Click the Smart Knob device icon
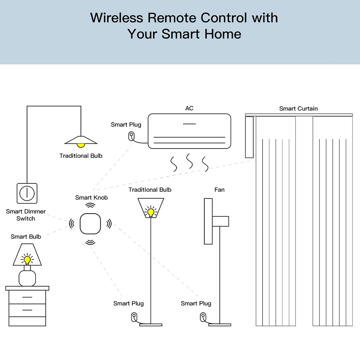(90, 224)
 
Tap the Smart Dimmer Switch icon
(27, 193)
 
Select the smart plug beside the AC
(131, 136)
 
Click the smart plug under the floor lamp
(134, 317)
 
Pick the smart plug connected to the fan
(203, 317)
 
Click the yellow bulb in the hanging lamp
(81, 145)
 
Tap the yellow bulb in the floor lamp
(151, 212)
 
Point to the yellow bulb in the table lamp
(27, 260)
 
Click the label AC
(190, 108)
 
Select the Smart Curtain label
(299, 109)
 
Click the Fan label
(219, 190)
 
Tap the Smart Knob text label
(91, 197)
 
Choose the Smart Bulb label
(26, 237)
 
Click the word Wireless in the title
(117, 18)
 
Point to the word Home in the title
(223, 34)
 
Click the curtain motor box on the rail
(249, 137)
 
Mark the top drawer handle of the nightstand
(27, 297)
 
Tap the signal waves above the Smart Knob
(90, 205)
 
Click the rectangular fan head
(208, 221)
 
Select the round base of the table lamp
(27, 278)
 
